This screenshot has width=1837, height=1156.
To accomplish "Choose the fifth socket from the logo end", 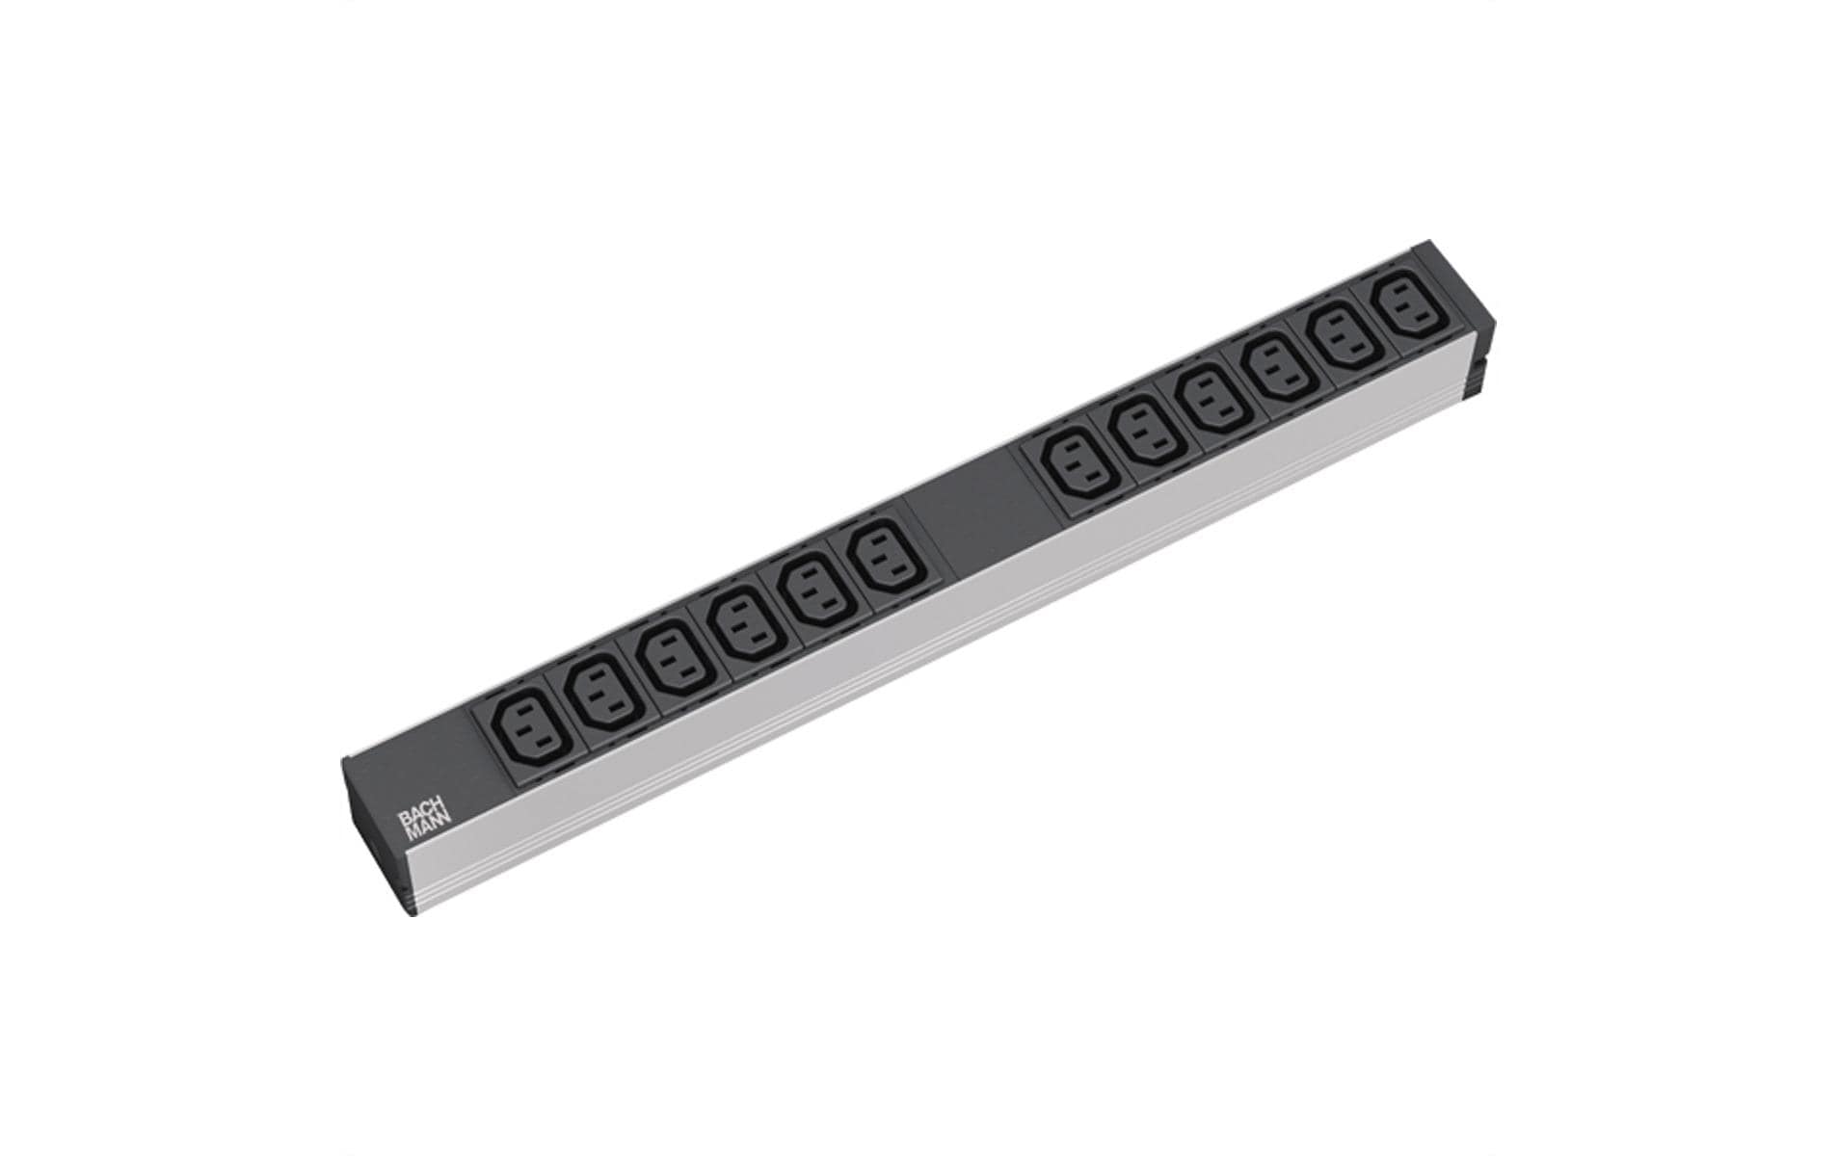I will [811, 594].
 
